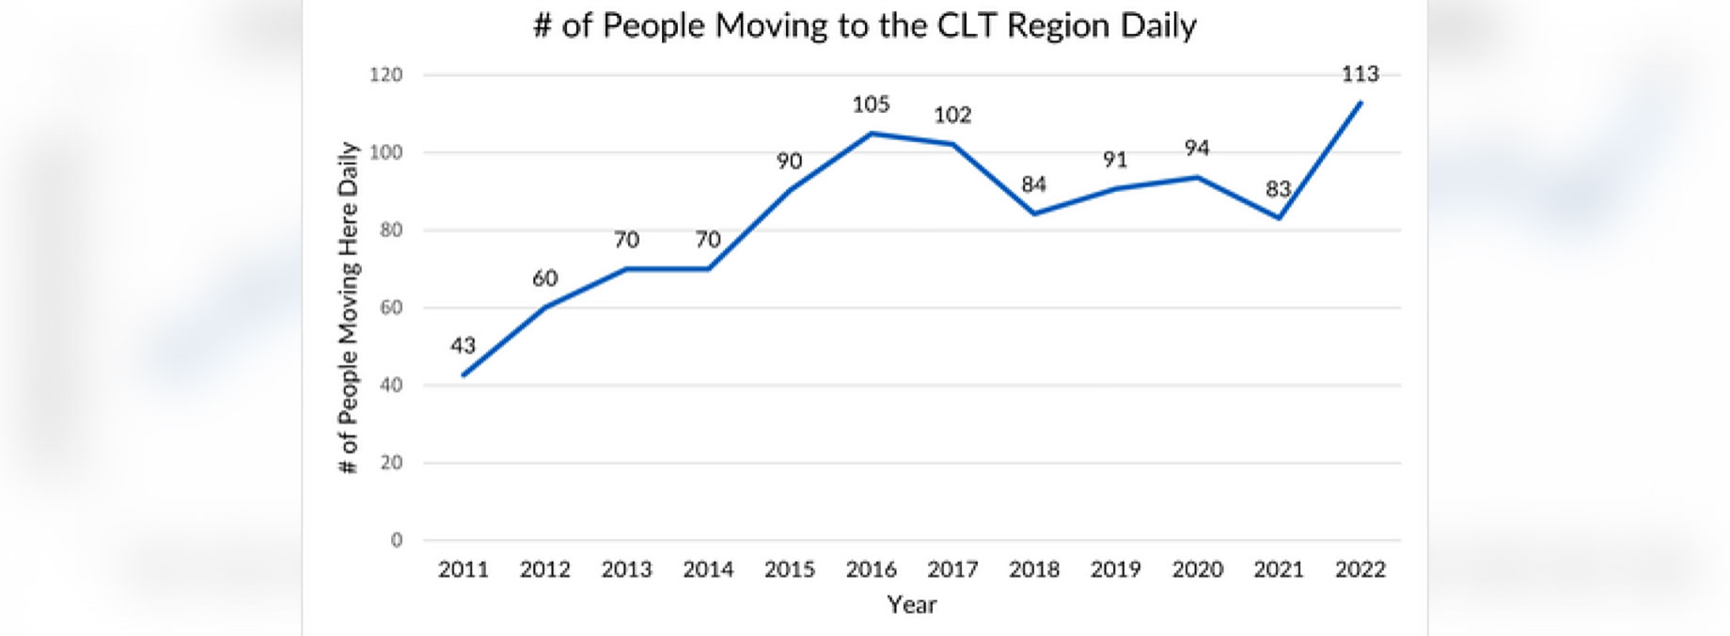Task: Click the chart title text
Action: [864, 25]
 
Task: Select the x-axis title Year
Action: [911, 604]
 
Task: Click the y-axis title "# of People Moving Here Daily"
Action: [349, 308]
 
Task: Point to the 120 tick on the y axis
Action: [385, 74]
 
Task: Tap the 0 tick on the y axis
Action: [396, 540]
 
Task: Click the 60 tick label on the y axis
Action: [390, 308]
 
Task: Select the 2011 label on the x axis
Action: [464, 569]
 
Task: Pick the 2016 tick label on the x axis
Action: [871, 569]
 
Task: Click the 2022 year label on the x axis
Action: [1360, 569]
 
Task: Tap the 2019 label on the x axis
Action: [1115, 569]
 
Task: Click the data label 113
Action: [1360, 73]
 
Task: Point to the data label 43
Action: [463, 345]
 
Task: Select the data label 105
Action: [871, 104]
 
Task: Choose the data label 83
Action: [1278, 189]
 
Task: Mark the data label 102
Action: [951, 115]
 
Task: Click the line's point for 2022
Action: [1360, 103]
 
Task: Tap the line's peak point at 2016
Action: [871, 134]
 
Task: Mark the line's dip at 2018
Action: [1034, 214]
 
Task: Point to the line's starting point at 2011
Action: [464, 374]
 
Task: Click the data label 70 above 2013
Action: [626, 240]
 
